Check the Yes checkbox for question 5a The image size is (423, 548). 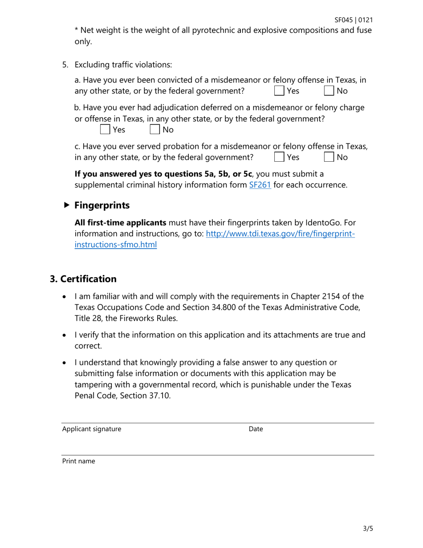279,91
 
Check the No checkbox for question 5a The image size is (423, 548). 329,91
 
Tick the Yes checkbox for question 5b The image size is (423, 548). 105,130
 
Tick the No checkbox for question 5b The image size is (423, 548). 155,130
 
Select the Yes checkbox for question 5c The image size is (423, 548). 279,157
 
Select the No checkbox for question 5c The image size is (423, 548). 329,157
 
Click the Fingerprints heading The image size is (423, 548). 102,205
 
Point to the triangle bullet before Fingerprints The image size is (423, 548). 66,205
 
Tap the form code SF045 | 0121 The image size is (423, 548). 354,20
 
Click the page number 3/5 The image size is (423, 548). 367,529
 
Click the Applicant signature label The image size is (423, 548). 91,429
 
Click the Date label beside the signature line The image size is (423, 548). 256,429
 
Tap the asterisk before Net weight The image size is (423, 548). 76,31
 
